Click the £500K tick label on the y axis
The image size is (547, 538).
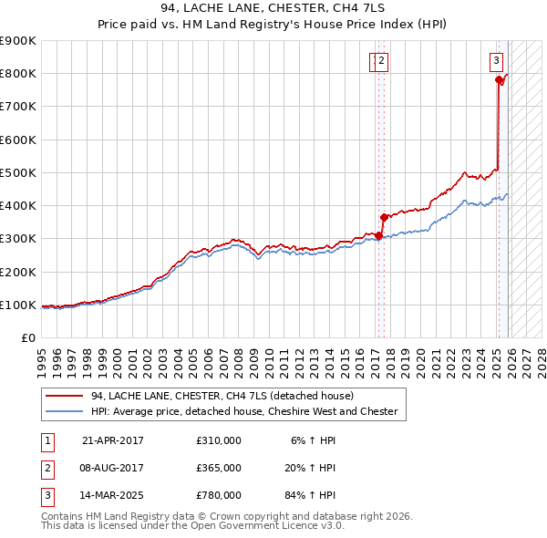(x=18, y=172)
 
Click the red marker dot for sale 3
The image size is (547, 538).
(x=499, y=80)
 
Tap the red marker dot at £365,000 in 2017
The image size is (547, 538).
(x=384, y=217)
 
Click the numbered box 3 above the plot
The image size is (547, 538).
(x=496, y=61)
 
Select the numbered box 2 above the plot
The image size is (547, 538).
(x=382, y=61)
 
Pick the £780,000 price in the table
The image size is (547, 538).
(x=219, y=495)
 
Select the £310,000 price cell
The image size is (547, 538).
(x=219, y=440)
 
